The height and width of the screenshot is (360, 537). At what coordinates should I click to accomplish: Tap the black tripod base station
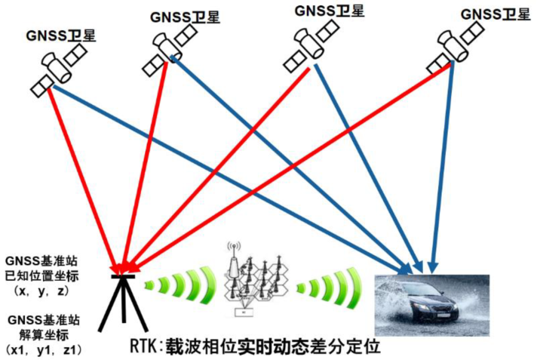point(123,303)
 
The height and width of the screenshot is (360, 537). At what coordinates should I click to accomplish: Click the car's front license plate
point(444,315)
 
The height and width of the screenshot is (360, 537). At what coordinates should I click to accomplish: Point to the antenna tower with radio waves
point(234,260)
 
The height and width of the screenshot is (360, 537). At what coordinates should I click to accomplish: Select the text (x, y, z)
point(41,291)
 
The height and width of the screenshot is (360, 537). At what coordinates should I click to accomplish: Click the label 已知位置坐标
point(41,275)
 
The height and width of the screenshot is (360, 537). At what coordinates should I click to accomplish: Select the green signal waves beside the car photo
point(330,288)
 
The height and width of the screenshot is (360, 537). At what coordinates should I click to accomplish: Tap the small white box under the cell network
point(244,312)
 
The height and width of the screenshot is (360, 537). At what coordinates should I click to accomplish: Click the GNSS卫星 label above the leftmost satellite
point(60,35)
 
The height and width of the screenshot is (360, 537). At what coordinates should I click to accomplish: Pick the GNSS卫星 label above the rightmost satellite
point(496,14)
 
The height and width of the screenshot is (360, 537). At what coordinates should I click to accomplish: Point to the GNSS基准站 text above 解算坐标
point(44,320)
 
